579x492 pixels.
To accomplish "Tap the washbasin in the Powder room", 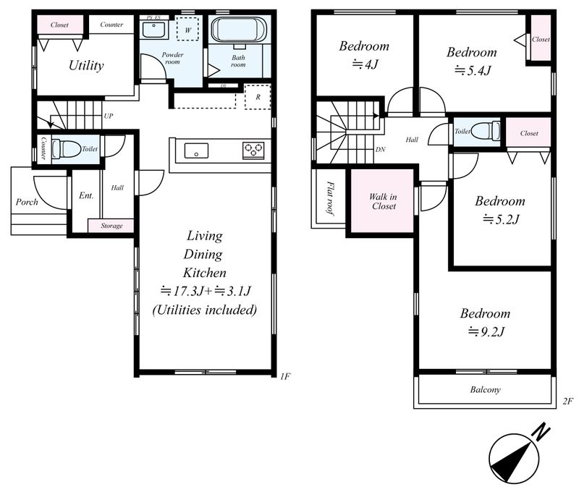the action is click(x=154, y=30).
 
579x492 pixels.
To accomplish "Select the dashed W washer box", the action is click(x=188, y=28).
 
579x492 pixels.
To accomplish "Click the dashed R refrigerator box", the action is click(x=258, y=97).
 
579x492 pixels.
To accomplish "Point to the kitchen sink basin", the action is click(x=196, y=151).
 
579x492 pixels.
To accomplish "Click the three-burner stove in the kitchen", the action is click(x=253, y=150).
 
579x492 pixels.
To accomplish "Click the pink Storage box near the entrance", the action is click(x=111, y=226).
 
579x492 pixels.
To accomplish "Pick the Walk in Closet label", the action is click(x=384, y=202).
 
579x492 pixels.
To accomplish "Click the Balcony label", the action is click(x=485, y=390).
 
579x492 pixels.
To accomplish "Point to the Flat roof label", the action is click(x=330, y=198).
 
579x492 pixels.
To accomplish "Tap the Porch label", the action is click(x=27, y=202).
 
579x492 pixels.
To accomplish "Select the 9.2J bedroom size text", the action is click(x=486, y=332).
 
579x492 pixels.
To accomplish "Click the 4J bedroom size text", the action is click(x=365, y=64).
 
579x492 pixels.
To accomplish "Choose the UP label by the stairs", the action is click(x=108, y=116).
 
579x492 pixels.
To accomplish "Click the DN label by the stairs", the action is click(x=381, y=150).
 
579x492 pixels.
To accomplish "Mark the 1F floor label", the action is click(x=285, y=376).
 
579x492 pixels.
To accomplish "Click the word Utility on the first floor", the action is click(x=86, y=65).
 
